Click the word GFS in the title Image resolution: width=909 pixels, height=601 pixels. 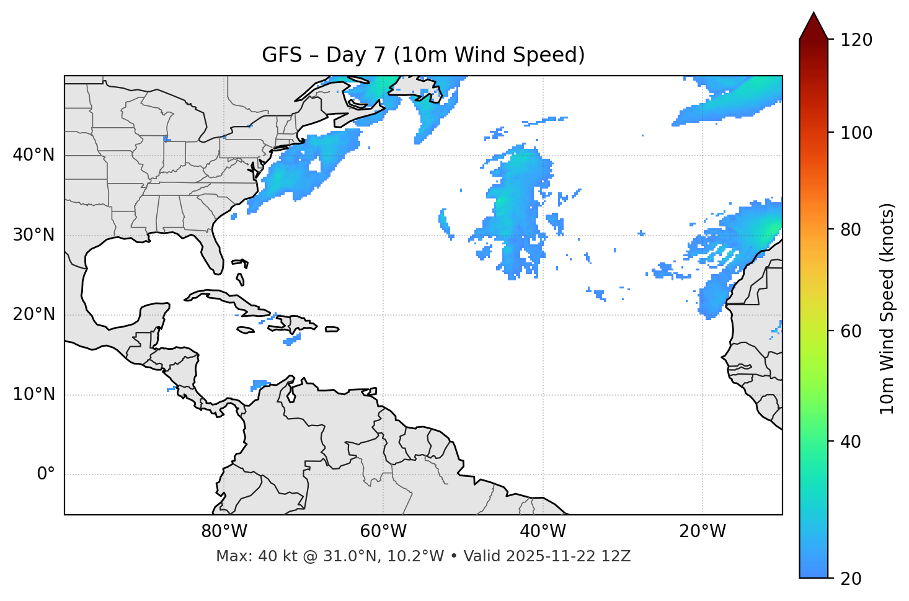(x=282, y=55)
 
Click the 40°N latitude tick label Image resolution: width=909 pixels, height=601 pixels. (x=33, y=155)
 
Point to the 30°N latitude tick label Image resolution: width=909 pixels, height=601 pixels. (x=33, y=235)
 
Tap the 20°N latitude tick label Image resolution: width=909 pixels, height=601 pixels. (x=33, y=314)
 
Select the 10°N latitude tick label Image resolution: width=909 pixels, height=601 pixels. (x=33, y=394)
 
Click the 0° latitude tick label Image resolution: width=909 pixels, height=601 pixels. (x=46, y=474)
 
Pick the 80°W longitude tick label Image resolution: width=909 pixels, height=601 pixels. (x=224, y=532)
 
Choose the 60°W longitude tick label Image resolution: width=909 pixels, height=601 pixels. (x=383, y=532)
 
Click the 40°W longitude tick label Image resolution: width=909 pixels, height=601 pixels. (x=543, y=532)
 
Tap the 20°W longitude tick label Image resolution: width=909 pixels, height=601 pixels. (x=703, y=532)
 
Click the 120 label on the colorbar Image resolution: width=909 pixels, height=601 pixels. (x=856, y=40)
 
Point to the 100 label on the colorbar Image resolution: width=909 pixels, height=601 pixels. (x=856, y=133)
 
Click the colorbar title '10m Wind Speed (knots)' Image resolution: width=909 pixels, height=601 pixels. (x=887, y=308)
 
